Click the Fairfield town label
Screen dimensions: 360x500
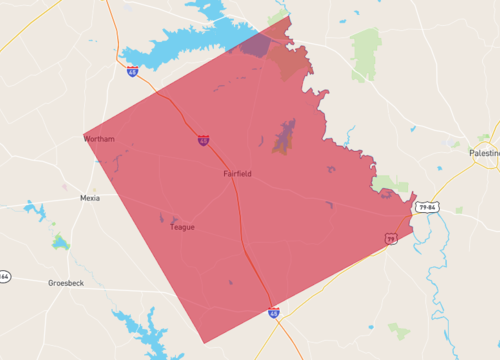[237, 174]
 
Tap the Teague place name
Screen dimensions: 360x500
[182, 227]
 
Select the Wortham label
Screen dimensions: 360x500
[100, 139]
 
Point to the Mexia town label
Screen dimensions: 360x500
[90, 198]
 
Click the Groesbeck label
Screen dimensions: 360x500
[66, 283]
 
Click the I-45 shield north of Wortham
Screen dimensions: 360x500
[133, 72]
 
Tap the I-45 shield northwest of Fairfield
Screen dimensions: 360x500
[203, 141]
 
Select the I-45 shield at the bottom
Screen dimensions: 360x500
[273, 313]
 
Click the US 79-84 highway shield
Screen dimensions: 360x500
[428, 207]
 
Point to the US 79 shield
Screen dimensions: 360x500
[391, 238]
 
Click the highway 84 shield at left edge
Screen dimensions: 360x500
[4, 276]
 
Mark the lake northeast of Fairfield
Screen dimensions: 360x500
[285, 135]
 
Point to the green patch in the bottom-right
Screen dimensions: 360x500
[399, 329]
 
